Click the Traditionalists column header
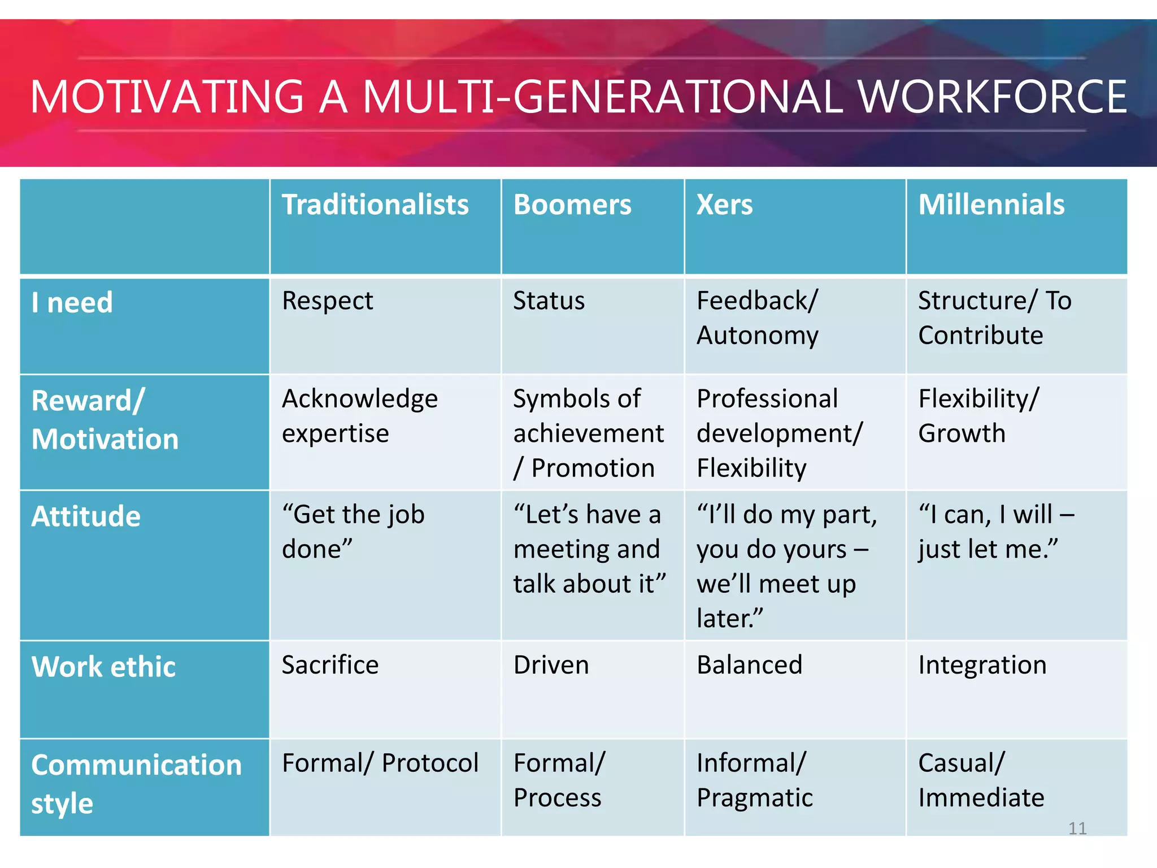[375, 205]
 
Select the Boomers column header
[572, 205]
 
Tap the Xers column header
[724, 205]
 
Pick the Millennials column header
[991, 205]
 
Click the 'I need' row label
[72, 302]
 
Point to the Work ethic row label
[103, 667]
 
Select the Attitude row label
[86, 517]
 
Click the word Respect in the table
[327, 301]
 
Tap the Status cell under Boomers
[549, 301]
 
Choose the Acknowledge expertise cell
[359, 416]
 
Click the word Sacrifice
[330, 665]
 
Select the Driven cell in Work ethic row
[551, 665]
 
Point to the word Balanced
[749, 665]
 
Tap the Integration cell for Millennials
[982, 665]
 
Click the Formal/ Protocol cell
[380, 763]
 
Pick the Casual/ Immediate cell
[981, 780]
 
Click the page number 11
[1077, 828]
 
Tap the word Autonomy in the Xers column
[757, 336]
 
